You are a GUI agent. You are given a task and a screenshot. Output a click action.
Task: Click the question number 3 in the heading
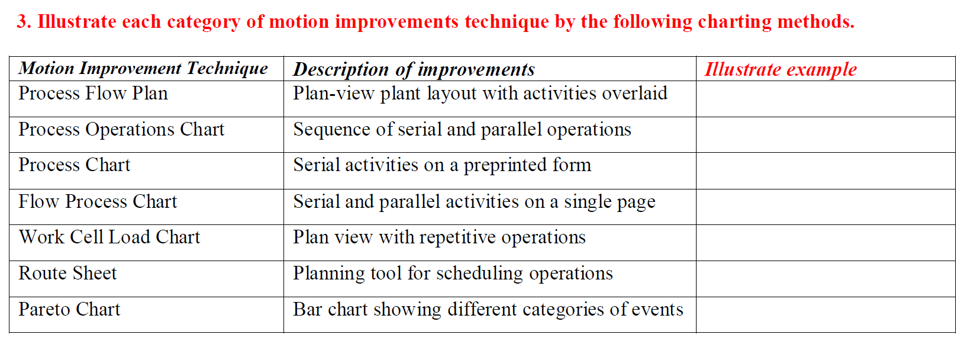22,22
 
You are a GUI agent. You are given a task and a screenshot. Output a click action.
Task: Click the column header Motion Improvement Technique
143,69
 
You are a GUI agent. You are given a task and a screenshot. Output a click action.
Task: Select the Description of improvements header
414,69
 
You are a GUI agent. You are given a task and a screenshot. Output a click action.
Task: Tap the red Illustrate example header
781,69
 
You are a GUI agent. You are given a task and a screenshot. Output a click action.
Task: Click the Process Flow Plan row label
93,94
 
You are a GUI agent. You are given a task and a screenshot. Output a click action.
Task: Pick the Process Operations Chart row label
121,130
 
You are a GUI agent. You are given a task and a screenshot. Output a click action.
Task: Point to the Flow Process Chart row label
98,202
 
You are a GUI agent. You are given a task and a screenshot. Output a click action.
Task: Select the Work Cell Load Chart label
109,237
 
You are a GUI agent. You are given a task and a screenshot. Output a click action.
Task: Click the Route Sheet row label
67,274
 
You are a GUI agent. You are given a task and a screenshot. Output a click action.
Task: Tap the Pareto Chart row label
69,310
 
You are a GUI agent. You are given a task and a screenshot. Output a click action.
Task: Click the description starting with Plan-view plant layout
480,94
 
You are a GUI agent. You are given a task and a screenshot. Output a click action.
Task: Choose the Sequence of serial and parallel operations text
462,130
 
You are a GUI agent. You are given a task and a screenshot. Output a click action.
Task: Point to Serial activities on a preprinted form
441,165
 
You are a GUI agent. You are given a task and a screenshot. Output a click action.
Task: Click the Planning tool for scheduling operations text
453,274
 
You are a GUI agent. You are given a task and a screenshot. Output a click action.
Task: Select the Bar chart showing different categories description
488,310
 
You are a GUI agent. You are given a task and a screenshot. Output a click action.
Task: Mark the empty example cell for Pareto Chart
825,314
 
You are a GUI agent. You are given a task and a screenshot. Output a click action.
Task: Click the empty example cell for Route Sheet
825,278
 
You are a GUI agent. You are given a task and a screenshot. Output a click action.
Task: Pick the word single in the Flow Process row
588,202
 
